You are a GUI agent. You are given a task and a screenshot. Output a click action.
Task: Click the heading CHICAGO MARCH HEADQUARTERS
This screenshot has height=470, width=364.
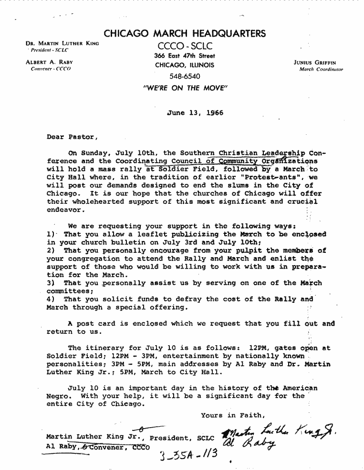[x=185, y=34]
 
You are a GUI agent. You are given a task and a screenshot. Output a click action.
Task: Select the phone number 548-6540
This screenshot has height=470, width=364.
[x=185, y=76]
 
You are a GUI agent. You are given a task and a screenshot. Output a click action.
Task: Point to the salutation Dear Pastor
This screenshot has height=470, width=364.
[x=72, y=137]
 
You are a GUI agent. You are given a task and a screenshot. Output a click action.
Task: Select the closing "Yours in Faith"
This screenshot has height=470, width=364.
[x=232, y=415]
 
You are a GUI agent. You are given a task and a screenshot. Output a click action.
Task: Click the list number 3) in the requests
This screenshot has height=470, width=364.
[x=52, y=283]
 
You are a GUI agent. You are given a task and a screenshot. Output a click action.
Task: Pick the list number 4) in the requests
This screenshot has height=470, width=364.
[x=52, y=299]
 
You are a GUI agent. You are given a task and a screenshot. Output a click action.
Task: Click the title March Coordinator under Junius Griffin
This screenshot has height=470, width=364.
[x=321, y=69]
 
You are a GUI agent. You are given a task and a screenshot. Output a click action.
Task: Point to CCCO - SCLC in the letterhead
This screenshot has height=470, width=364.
[x=185, y=47]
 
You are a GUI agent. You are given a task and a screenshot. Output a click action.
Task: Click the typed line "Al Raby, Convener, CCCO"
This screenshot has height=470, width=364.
[x=97, y=448]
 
